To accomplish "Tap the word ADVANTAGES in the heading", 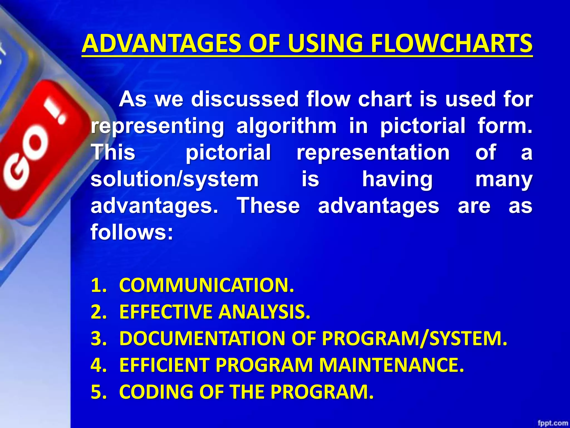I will pos(161,44).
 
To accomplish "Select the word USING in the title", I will pos(326,44).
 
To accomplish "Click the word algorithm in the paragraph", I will pos(286,126).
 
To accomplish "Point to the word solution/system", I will pos(175,179).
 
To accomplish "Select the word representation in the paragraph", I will pos(373,152).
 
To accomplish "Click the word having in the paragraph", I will pos(397,179).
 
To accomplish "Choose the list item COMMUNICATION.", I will pos(206,285).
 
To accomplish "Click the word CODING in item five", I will pos(156,392).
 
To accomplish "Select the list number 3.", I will pos(99,339).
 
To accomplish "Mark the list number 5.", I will pos(99,392).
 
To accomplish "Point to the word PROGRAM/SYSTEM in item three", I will pos(415,339).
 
